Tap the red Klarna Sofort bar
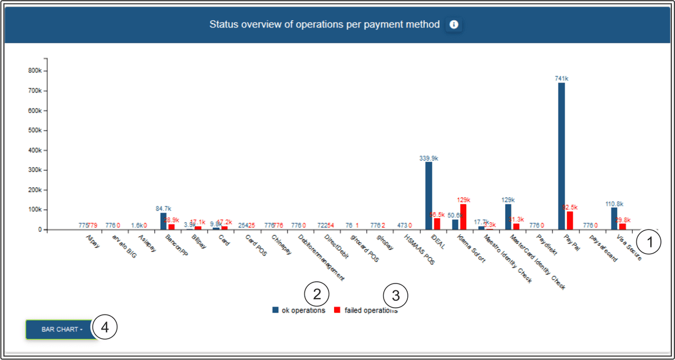[x=463, y=217]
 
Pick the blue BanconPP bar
[x=163, y=221]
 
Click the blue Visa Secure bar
[x=614, y=218]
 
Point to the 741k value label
[x=561, y=79]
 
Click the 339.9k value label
[x=429, y=158]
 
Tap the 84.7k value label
[x=163, y=209]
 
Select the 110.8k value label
[x=614, y=204]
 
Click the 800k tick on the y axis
[x=33, y=71]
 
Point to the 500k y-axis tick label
[x=33, y=130]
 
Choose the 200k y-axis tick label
[x=33, y=190]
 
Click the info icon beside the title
[x=454, y=25]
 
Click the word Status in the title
[x=223, y=25]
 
